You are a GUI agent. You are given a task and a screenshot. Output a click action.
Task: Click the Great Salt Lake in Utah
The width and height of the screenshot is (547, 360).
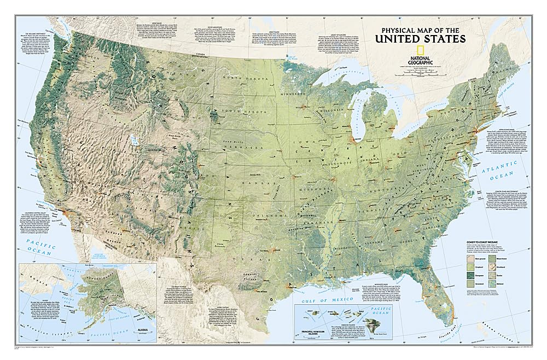tap(138, 149)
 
